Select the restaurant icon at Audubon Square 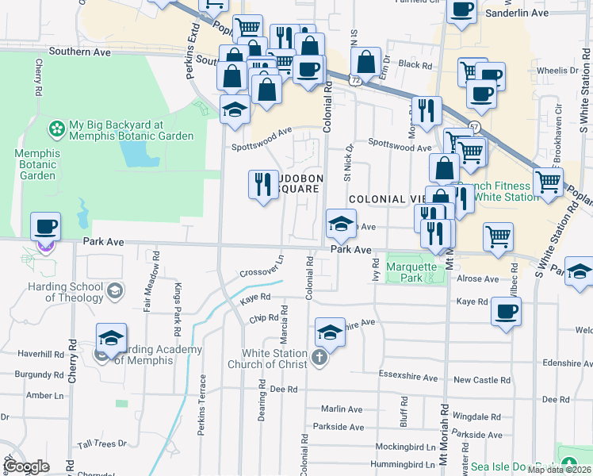262,184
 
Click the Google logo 26,466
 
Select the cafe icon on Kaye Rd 505,310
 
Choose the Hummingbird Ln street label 386,465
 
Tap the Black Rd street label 415,65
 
